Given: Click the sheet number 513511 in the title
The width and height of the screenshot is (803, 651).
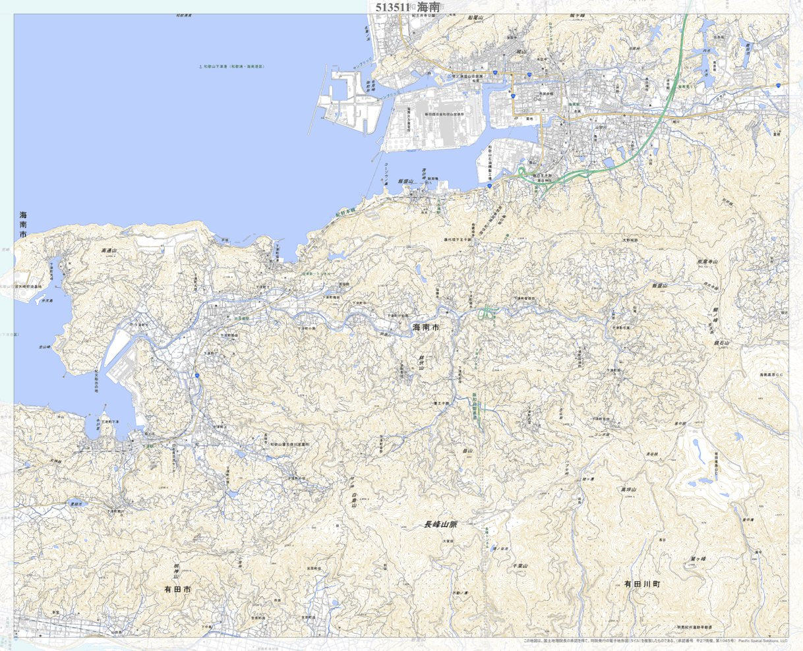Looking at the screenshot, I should click(x=393, y=7).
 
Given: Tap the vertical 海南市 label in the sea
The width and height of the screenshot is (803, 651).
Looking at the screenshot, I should click(x=24, y=225).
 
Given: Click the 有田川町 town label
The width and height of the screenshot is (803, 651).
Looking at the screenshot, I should click(x=642, y=584).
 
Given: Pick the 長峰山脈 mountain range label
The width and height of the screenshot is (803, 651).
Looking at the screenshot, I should click(x=441, y=524).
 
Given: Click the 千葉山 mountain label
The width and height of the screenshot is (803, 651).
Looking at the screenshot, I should click(x=520, y=565).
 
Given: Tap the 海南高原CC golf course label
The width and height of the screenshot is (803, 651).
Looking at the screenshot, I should click(x=771, y=375).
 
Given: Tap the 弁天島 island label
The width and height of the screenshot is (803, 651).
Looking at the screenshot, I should click(x=47, y=300).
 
